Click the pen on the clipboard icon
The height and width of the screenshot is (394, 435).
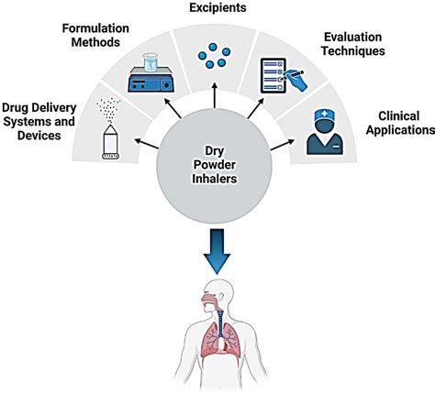(299, 81)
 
